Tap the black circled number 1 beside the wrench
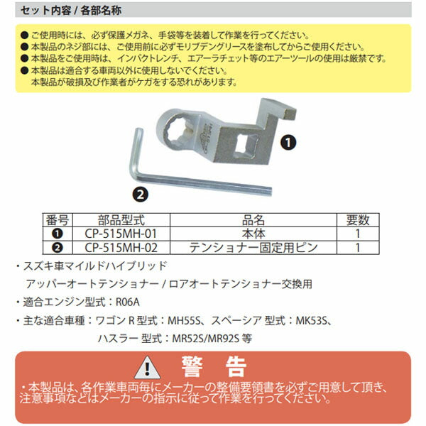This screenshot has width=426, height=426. click(x=288, y=142)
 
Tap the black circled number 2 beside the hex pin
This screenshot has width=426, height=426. click(x=139, y=192)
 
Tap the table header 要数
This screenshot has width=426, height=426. click(x=359, y=220)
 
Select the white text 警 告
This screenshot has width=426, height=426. click(x=213, y=367)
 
